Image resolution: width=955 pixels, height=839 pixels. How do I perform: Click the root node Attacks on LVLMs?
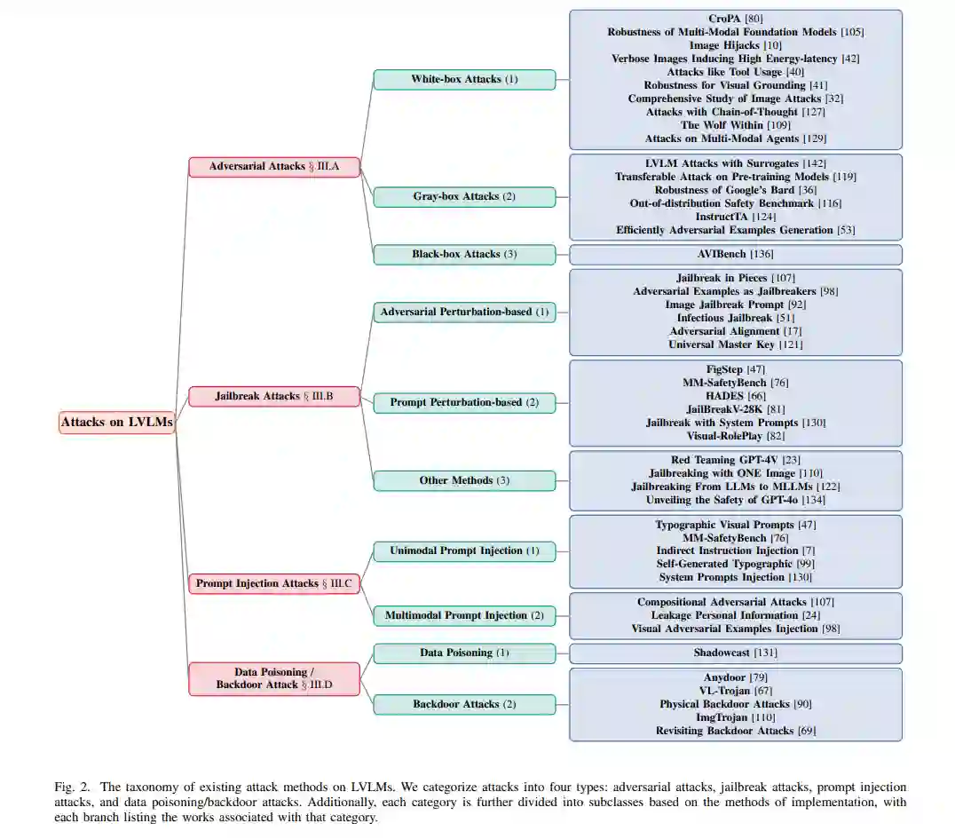coord(116,423)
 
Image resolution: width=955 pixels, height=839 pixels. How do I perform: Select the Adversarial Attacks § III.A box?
coord(274,166)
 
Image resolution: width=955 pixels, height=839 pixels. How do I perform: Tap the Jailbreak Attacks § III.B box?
coord(274,396)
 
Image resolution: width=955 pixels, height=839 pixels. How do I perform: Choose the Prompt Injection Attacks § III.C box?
coord(274,583)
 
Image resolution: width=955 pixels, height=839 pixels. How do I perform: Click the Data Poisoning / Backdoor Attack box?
coord(274,678)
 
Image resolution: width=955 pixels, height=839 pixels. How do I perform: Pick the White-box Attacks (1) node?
coord(464,79)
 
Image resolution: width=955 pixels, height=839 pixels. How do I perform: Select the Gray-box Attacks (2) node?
coord(464,196)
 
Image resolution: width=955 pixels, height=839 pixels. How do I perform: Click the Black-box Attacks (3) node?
coord(464,254)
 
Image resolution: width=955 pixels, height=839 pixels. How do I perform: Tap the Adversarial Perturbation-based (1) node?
coord(464,312)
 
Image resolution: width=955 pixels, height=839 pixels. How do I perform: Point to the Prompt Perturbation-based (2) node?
coord(464,402)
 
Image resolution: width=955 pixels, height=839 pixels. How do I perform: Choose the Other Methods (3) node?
coord(464,480)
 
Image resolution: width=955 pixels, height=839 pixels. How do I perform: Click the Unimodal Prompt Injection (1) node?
coord(464,550)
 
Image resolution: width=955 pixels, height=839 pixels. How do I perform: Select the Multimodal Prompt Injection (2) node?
coord(464,615)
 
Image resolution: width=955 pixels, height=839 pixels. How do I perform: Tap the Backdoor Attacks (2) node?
coord(464,704)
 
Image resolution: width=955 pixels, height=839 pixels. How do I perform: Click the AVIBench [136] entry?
coord(735,254)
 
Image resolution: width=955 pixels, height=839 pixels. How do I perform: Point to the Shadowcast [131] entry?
coord(735,653)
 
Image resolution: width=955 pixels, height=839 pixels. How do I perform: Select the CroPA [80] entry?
coord(735,19)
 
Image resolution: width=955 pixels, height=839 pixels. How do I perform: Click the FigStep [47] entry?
coord(735,368)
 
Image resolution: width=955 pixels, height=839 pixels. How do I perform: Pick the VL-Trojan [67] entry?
coord(735,691)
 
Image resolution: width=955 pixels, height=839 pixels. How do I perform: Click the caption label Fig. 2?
coord(70,788)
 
